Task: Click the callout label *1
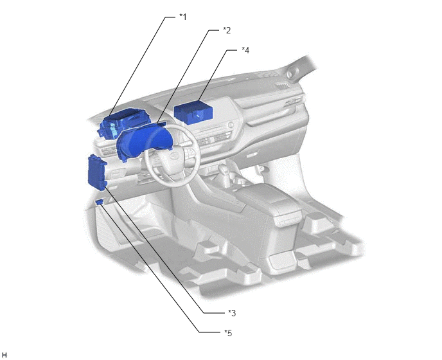point(183,17)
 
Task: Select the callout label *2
point(227,30)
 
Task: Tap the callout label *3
point(232,313)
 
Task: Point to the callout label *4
point(245,50)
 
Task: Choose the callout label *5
point(228,333)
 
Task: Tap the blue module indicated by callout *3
point(97,173)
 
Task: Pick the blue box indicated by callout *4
point(193,114)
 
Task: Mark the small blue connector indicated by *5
point(99,201)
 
